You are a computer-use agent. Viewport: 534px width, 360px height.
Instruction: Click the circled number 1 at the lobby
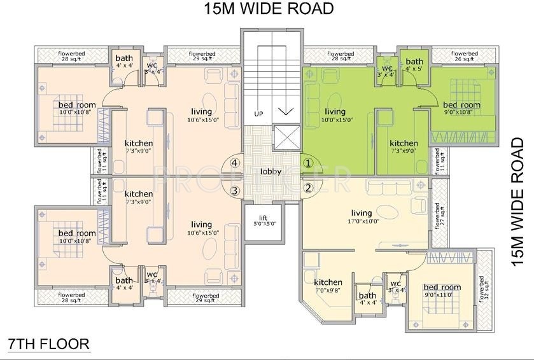point(308,163)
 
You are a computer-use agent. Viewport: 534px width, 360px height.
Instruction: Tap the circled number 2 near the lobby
point(308,188)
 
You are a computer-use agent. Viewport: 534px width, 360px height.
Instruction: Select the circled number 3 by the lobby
point(235,190)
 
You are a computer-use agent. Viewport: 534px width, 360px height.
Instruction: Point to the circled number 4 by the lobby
point(235,163)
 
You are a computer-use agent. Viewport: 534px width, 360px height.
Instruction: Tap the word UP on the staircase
point(258,114)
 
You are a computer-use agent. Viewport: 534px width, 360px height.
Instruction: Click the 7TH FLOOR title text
point(48,344)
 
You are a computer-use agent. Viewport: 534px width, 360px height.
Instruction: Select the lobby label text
point(271,172)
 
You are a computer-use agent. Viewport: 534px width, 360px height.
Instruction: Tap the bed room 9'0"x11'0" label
point(442,291)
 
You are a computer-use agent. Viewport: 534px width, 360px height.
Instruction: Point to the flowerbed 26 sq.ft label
point(464,57)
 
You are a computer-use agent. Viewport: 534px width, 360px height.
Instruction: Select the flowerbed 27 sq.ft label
point(439,215)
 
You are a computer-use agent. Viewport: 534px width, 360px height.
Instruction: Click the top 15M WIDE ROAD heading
point(269,9)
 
